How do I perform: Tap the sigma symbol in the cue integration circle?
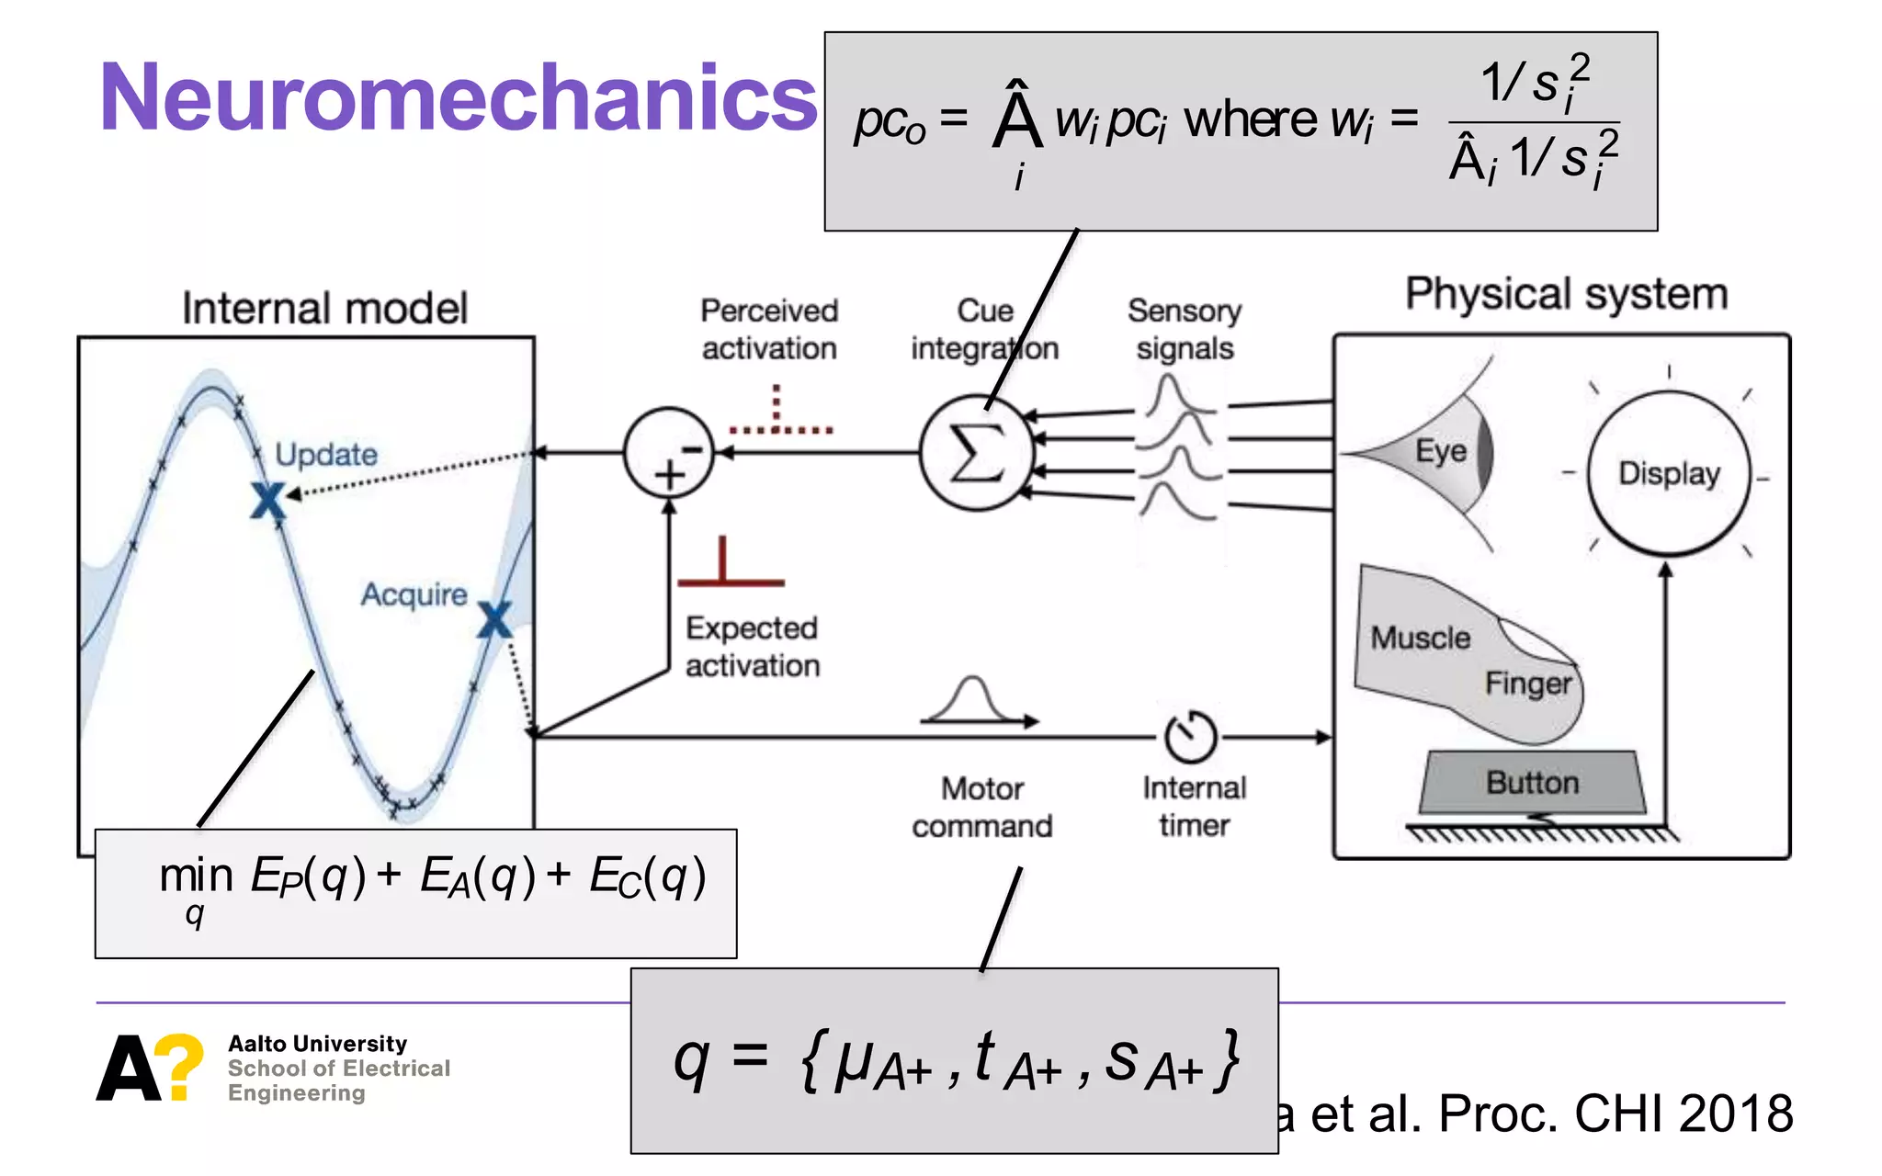click(x=976, y=453)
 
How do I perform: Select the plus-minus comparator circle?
click(x=669, y=453)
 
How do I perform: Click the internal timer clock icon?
click(x=1191, y=736)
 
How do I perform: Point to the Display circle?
click(x=1669, y=473)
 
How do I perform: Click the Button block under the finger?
click(x=1532, y=783)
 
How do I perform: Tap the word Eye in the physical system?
click(x=1441, y=451)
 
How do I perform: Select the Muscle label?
click(x=1420, y=638)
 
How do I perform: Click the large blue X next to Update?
click(x=268, y=501)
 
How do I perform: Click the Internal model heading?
click(x=324, y=309)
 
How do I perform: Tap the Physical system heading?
click(x=1566, y=295)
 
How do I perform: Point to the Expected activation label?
click(x=752, y=647)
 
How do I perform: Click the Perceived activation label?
click(x=769, y=330)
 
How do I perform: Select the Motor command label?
click(x=981, y=808)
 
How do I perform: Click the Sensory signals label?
click(x=1185, y=330)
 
